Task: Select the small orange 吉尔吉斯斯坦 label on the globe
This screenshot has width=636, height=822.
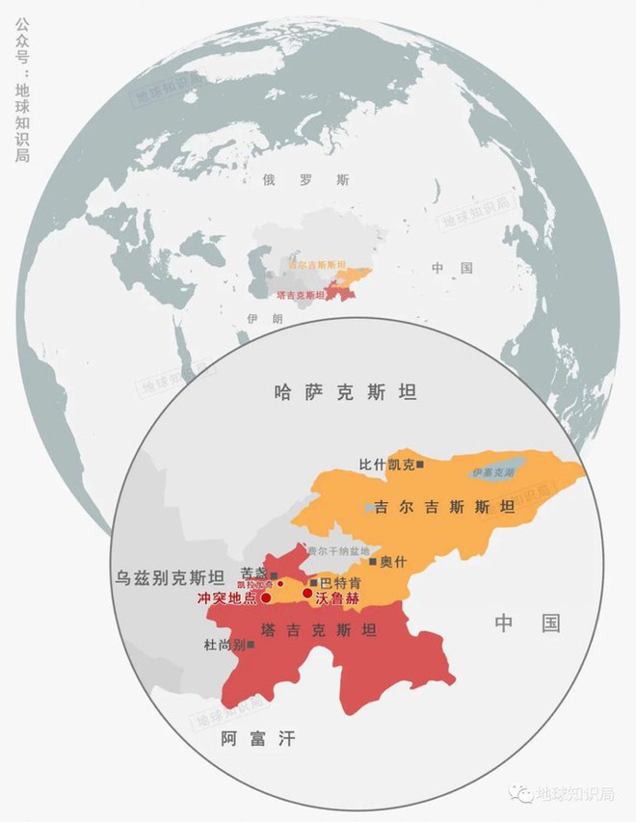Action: point(317,264)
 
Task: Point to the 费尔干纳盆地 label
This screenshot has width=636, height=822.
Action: point(335,550)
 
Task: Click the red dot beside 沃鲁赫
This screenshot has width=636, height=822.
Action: point(307,594)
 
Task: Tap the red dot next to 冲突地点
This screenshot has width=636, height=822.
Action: point(266,597)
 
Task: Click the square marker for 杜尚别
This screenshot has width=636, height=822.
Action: point(252,645)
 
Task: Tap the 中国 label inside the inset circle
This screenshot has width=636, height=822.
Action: point(528,623)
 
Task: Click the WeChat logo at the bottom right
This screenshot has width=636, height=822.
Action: point(521,793)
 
